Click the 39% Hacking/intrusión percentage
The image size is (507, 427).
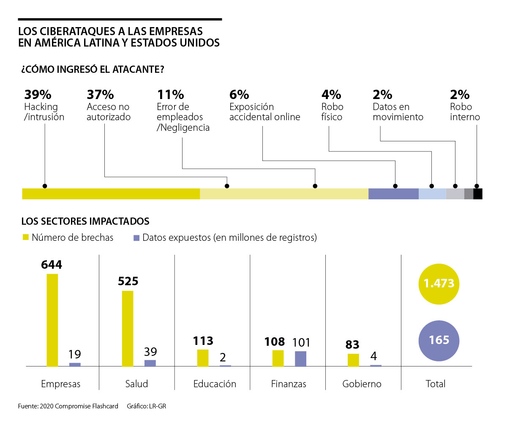click(x=38, y=94)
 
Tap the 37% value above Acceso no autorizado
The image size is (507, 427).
click(x=100, y=94)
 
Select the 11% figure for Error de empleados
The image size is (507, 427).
click(x=170, y=94)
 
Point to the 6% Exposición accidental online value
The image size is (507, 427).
click(x=239, y=94)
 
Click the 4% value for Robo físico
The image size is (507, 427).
click(x=331, y=94)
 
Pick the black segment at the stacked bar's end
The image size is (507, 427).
click(x=478, y=194)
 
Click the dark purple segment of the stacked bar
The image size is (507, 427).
click(x=393, y=194)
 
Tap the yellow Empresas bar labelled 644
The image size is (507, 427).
click(x=52, y=320)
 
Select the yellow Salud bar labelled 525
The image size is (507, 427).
click(x=128, y=328)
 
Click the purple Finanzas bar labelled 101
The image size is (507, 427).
click(x=300, y=358)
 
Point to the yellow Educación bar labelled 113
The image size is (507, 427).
click(x=203, y=358)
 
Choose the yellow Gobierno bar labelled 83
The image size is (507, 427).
click(x=353, y=360)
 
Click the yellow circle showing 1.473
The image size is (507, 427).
click(x=439, y=284)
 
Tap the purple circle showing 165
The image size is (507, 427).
click(x=439, y=340)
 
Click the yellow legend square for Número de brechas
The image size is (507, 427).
click(x=25, y=237)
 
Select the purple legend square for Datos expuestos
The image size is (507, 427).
click(x=136, y=238)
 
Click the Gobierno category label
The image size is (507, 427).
click(x=362, y=384)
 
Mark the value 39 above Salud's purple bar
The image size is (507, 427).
click(x=150, y=352)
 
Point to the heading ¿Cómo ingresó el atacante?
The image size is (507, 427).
click(x=93, y=69)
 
